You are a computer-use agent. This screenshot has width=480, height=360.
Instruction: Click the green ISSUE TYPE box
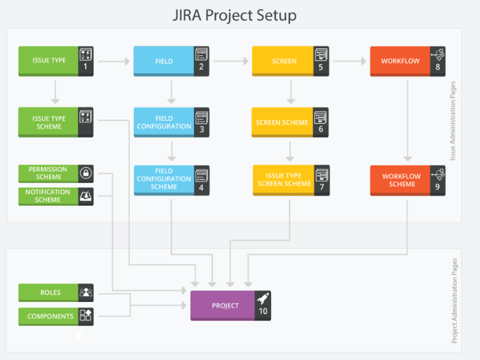point(49,61)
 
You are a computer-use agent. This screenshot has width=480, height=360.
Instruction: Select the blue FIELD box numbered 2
point(164,61)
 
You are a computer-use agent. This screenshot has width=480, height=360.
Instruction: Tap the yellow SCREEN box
point(283,61)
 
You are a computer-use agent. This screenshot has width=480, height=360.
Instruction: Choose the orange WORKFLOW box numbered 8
point(400,61)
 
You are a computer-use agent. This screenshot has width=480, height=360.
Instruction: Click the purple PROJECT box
point(225,305)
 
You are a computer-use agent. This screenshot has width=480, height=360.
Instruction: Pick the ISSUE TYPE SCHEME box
point(49,122)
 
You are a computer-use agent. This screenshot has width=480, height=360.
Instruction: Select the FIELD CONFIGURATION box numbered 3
point(164,122)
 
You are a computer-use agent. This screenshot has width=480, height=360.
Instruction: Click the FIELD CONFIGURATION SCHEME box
point(164,179)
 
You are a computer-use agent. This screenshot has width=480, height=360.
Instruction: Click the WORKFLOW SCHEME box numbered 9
point(401,180)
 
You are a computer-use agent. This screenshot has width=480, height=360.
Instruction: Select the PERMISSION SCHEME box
point(48,173)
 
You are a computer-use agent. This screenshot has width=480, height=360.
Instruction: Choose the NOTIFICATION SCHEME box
point(48,196)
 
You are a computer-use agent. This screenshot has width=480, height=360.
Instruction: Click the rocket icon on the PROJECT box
point(264,298)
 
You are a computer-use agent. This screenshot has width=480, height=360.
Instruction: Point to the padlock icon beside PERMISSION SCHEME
point(86,173)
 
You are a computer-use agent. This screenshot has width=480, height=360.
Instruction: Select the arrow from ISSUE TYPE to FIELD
point(113,61)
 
